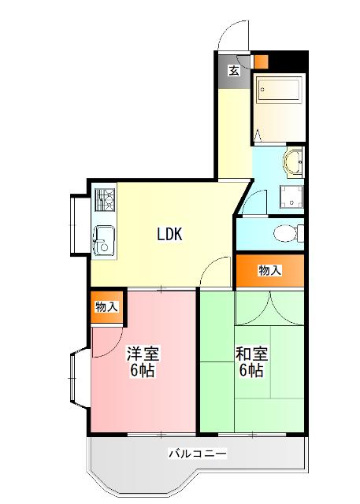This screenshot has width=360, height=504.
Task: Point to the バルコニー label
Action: pyautogui.click(x=198, y=454)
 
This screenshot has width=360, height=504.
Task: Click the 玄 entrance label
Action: pyautogui.click(x=234, y=71)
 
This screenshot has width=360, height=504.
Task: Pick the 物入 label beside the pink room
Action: pyautogui.click(x=106, y=306)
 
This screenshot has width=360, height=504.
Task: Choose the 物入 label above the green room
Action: pyautogui.click(x=269, y=271)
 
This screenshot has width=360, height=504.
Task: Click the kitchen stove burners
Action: pyautogui.click(x=105, y=202)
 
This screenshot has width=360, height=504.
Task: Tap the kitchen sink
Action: pyautogui.click(x=104, y=237)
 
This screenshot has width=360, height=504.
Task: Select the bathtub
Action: pyautogui.click(x=279, y=91)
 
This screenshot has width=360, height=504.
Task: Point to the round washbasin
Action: pyautogui.click(x=295, y=162)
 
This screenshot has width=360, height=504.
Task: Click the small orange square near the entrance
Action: pyautogui.click(x=261, y=61)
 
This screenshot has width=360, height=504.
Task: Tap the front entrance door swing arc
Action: pyautogui.click(x=230, y=35)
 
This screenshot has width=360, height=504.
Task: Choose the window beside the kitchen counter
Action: pyautogui.click(x=77, y=224)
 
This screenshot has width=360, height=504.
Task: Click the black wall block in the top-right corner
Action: pyautogui.click(x=289, y=61)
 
